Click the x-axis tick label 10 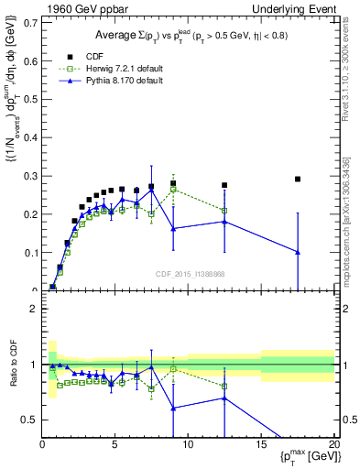pyautogui.click(x=187, y=444)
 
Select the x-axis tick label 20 pyautogui.click(x=333, y=444)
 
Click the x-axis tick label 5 pyautogui.click(x=115, y=444)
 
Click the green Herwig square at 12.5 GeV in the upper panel pyautogui.click(x=224, y=211)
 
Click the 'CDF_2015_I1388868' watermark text pyautogui.click(x=191, y=274)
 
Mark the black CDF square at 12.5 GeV pyautogui.click(x=224, y=185)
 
